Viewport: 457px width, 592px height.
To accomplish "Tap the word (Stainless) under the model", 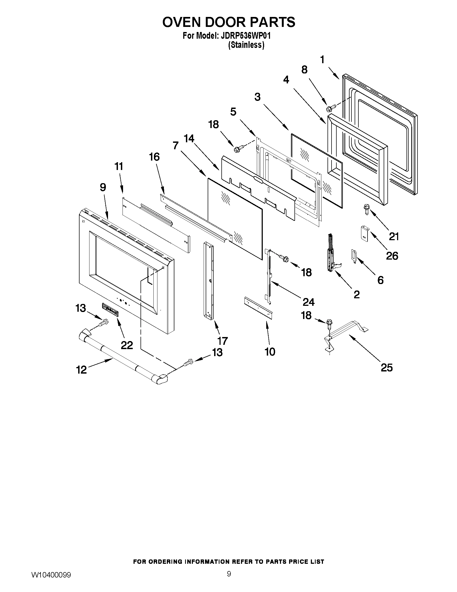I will point(246,45).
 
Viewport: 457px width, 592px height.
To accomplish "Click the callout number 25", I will point(386,368).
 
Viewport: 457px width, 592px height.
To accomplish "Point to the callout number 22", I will point(127,345).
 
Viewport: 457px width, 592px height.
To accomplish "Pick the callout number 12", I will point(81,370).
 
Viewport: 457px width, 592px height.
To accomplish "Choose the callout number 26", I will point(392,256).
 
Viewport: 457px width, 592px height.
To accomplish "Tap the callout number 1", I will point(322,59).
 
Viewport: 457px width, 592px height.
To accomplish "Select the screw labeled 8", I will point(330,108).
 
